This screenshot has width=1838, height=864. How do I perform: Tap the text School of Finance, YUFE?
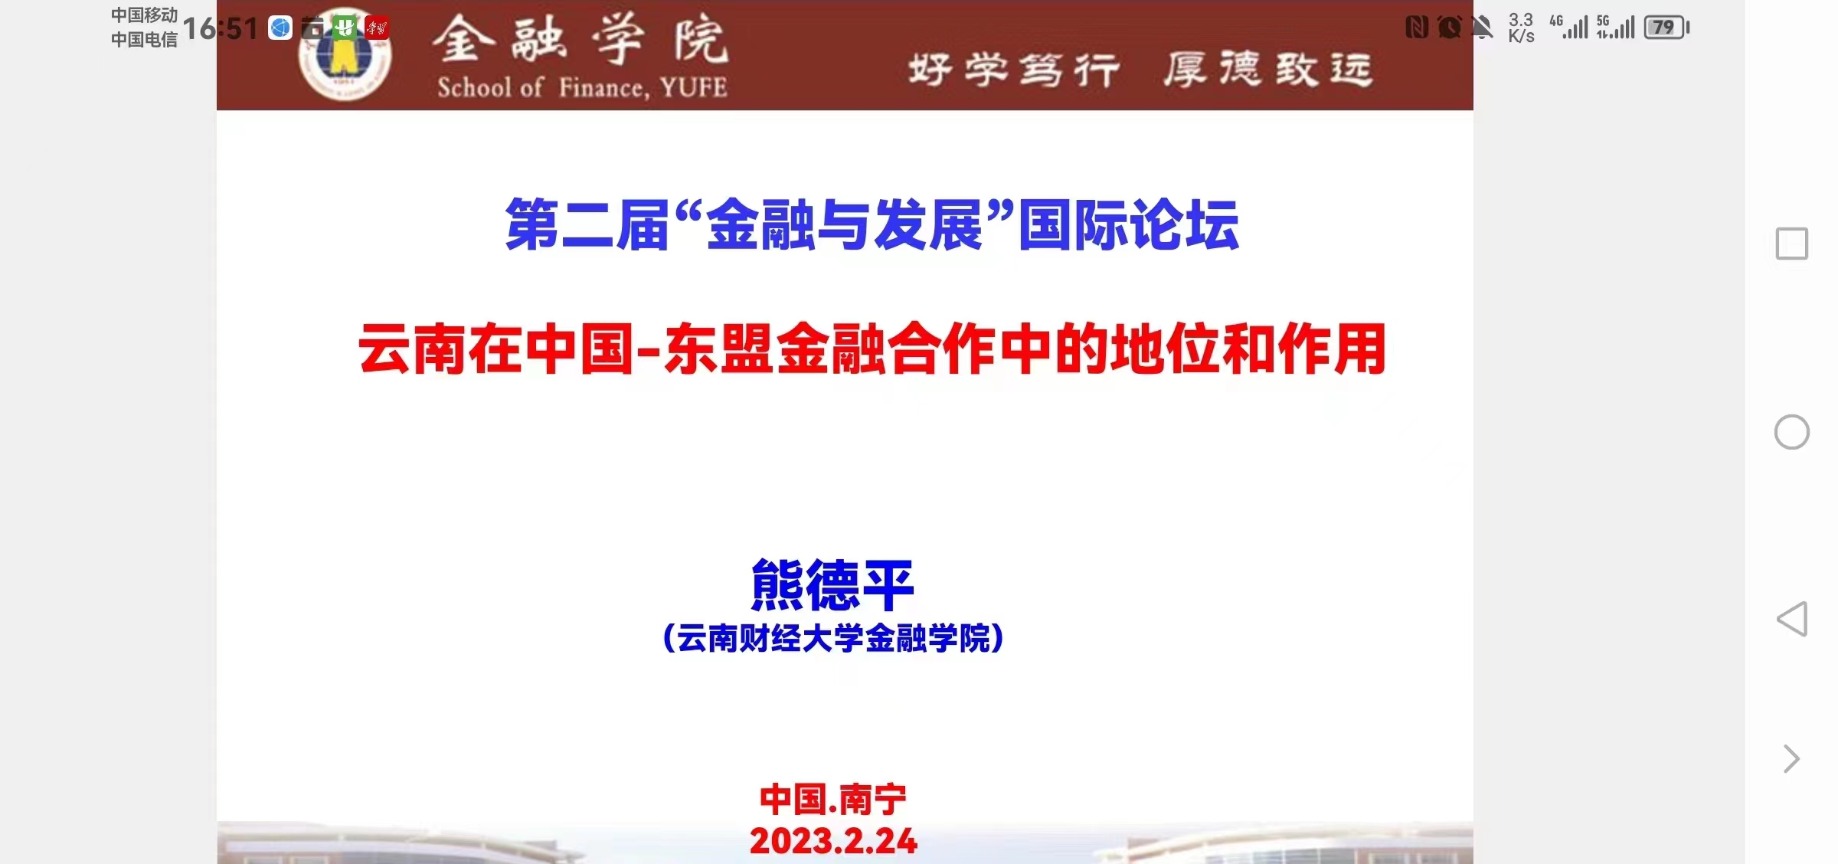(582, 88)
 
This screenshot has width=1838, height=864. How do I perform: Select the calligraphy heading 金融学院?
(580, 40)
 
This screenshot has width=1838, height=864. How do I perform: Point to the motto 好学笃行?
(1014, 70)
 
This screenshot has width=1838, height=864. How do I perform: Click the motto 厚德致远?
(1268, 69)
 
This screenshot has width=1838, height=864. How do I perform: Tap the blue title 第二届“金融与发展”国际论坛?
(872, 224)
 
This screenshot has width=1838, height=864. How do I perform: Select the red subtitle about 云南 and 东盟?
(872, 349)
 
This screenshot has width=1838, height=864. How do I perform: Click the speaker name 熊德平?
(832, 584)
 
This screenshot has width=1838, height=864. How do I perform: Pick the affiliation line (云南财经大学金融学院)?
(833, 638)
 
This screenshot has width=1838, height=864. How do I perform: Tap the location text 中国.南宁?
(833, 800)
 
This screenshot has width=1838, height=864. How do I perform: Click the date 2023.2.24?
(833, 841)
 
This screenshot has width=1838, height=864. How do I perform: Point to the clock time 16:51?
(221, 29)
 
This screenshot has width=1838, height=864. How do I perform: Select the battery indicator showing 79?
(1666, 28)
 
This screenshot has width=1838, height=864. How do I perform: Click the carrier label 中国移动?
(144, 15)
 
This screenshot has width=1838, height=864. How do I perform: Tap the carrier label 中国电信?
(144, 39)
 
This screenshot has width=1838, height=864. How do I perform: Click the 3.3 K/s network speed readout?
(1521, 28)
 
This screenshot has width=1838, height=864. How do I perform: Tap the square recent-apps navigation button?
(1792, 244)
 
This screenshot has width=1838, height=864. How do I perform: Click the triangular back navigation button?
(1792, 619)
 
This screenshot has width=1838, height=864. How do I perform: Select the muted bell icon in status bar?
(1483, 28)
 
